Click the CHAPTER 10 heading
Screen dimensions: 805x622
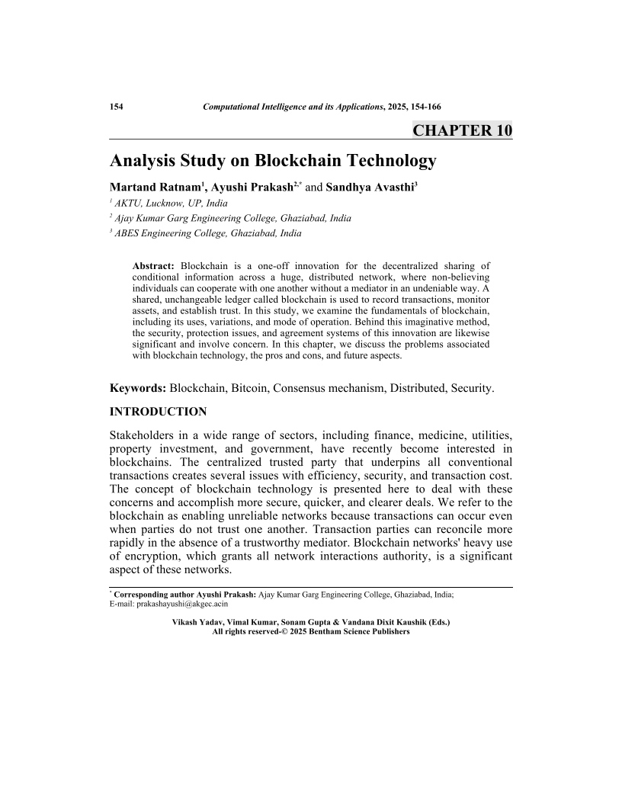click(x=462, y=130)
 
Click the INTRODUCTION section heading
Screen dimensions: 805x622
click(x=158, y=412)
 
